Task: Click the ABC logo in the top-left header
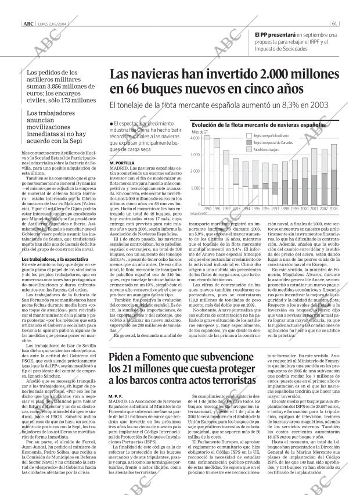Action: click(28, 8)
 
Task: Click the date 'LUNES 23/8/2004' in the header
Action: click(55, 8)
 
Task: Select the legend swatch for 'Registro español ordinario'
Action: click(249, 135)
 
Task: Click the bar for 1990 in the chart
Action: click(207, 171)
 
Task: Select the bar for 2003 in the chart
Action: click(333, 174)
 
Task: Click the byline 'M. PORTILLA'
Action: click(121, 163)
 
